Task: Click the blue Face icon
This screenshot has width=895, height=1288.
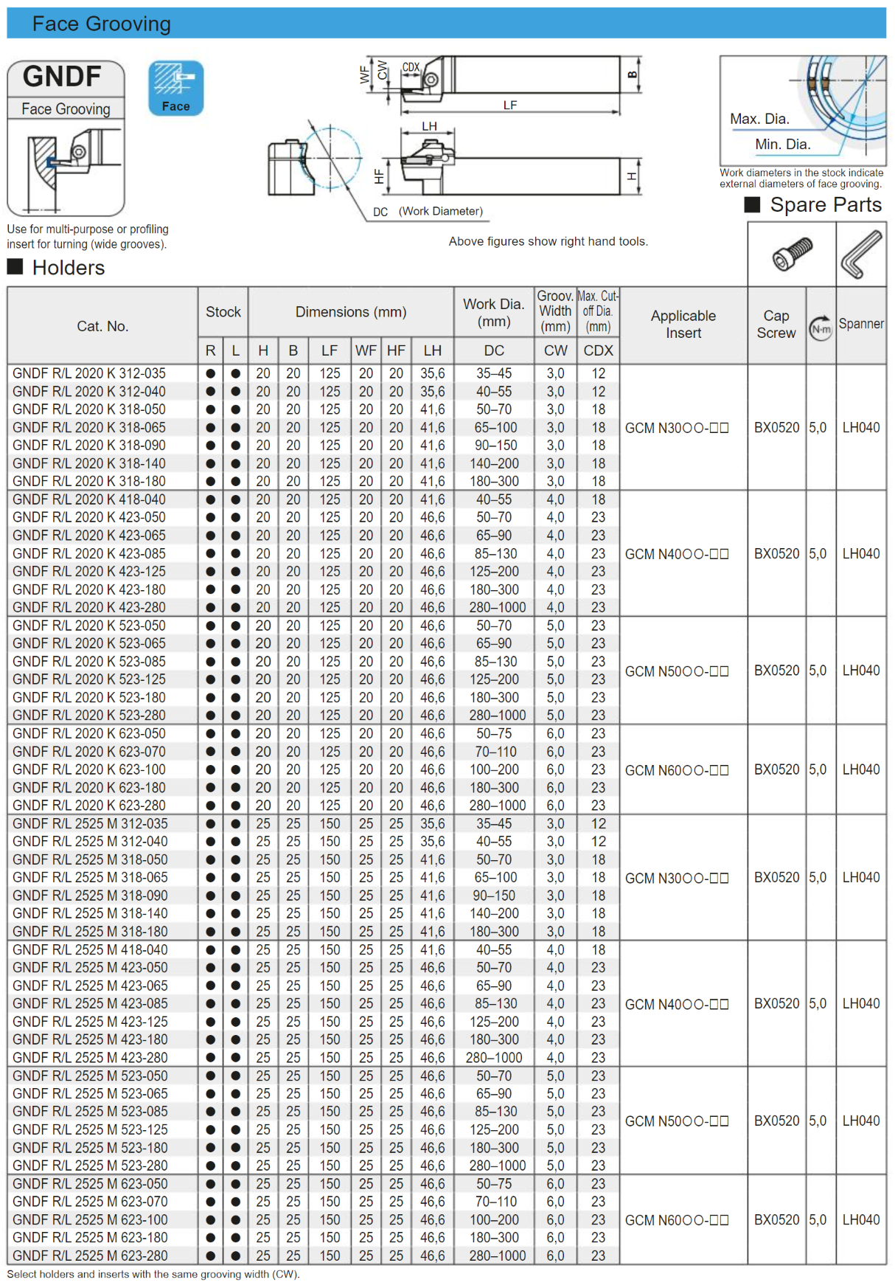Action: tap(175, 88)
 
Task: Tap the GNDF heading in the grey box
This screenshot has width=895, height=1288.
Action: tap(63, 77)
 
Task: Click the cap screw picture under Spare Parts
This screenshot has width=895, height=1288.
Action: tap(793, 255)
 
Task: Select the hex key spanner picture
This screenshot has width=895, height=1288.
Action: tap(861, 255)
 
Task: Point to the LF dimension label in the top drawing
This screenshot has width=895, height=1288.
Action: tap(510, 105)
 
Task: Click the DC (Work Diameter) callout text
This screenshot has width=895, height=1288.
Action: tap(428, 212)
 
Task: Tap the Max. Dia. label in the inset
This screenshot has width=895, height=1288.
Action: tap(759, 119)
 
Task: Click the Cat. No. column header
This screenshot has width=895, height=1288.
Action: tap(102, 326)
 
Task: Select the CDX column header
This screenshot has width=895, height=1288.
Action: tap(598, 351)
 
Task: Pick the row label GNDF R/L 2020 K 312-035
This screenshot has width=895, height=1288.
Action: tap(89, 374)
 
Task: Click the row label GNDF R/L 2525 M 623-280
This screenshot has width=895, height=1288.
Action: tap(90, 1256)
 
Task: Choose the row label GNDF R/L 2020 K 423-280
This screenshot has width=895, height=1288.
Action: tap(89, 608)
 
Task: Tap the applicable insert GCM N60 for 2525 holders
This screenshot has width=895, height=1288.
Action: tap(677, 1220)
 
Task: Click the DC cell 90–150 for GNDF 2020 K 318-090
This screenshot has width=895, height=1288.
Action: tap(494, 446)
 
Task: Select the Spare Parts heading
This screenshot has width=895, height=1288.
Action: tap(825, 205)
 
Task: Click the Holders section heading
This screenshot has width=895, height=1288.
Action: tap(68, 268)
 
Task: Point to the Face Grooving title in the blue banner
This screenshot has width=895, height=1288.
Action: tap(102, 24)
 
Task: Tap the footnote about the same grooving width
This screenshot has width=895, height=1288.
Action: tap(153, 1275)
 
